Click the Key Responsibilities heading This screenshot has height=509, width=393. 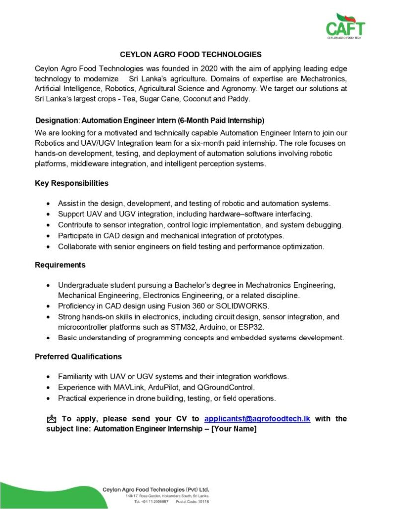tap(72, 183)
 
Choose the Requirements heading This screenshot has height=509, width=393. tap(60, 265)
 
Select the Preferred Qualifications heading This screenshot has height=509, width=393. tap(78, 357)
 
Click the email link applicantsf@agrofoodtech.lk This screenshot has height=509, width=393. tap(257, 419)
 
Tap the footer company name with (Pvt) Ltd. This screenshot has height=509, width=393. tap(156, 489)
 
